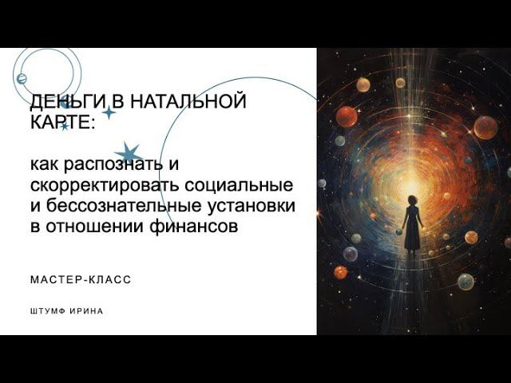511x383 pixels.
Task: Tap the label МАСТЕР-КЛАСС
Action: [x=80, y=280]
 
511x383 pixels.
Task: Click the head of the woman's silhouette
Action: [x=413, y=201]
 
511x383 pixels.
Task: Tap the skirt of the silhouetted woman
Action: [x=412, y=235]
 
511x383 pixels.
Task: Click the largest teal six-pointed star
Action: [x=128, y=152]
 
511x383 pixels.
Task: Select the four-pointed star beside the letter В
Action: [x=109, y=113]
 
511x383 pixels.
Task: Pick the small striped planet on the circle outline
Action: [x=22, y=78]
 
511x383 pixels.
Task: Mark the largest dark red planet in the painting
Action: [x=347, y=116]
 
